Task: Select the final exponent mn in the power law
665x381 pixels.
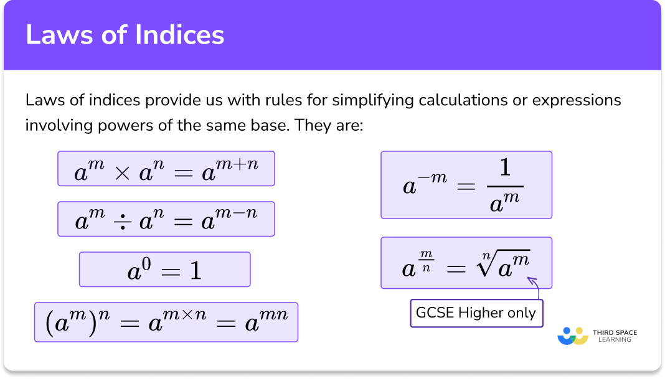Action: click(x=274, y=315)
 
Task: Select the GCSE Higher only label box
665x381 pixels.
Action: click(x=476, y=313)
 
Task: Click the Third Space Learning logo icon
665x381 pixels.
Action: click(x=573, y=336)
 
